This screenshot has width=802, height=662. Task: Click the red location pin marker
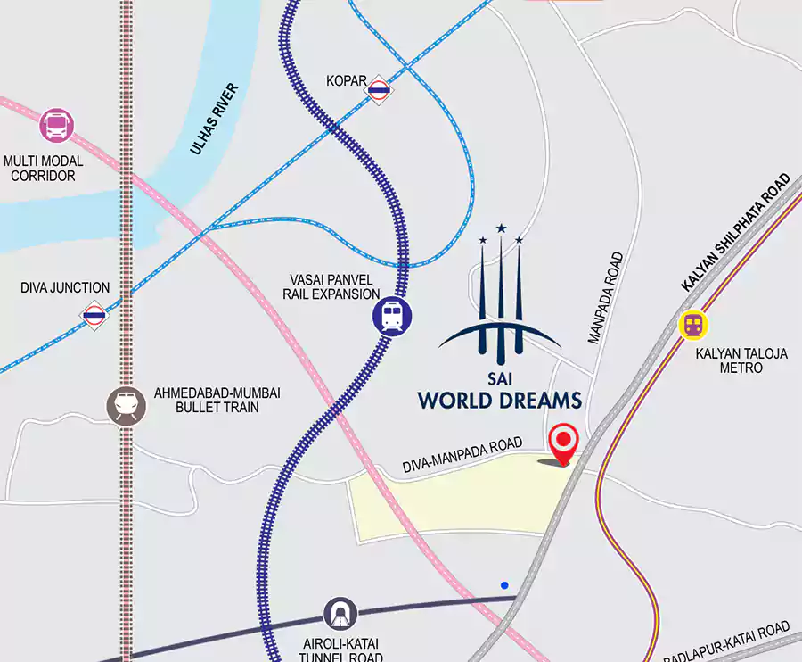click(x=563, y=442)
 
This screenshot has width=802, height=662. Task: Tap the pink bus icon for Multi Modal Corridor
click(x=56, y=125)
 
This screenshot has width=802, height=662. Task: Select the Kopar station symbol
click(x=380, y=88)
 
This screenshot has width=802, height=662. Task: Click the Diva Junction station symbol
click(x=94, y=314)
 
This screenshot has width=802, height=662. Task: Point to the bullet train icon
click(x=124, y=406)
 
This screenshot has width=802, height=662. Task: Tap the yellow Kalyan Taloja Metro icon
click(x=692, y=325)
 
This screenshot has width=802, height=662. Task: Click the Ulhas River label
click(x=215, y=120)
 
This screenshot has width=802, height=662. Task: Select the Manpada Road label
click(x=607, y=298)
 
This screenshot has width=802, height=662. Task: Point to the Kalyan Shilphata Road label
click(x=735, y=232)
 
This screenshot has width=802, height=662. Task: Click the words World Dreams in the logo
click(x=500, y=400)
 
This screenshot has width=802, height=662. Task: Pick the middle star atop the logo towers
click(x=501, y=228)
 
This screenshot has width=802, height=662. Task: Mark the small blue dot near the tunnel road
click(x=504, y=585)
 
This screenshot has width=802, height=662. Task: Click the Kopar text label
click(x=347, y=81)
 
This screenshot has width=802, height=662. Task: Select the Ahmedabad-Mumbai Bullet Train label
click(x=205, y=400)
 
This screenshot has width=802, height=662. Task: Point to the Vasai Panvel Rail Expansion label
click(x=331, y=286)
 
